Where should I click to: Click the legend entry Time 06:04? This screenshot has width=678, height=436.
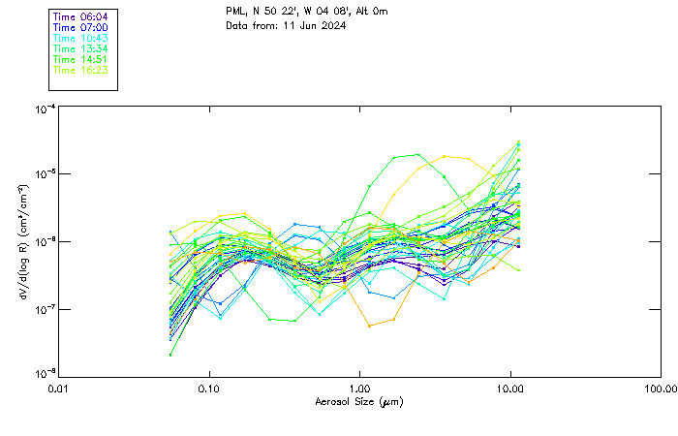80,16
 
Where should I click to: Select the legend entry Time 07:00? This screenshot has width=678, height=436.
80,27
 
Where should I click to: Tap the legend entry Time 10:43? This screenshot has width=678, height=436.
80,38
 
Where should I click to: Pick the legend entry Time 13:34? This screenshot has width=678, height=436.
80,48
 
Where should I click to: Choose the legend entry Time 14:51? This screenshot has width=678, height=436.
80,59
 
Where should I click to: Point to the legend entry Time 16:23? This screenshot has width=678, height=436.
80,70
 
